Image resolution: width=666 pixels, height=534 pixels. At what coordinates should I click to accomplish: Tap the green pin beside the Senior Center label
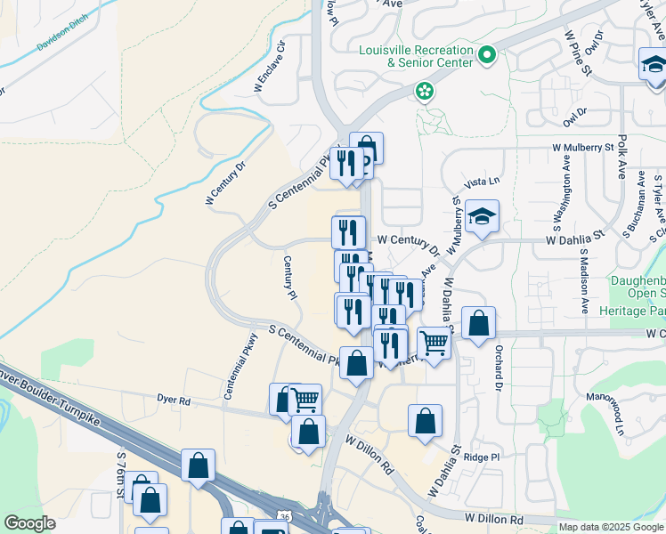click(487, 56)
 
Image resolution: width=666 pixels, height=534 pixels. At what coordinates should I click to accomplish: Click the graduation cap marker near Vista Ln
click(482, 217)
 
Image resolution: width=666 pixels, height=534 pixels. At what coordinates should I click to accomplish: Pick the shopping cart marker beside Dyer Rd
click(305, 400)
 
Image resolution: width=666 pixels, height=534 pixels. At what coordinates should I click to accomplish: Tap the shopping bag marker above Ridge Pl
click(426, 421)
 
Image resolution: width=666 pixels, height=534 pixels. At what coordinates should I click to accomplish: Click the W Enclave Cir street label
click(271, 66)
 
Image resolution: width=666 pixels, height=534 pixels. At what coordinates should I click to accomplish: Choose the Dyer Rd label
click(174, 401)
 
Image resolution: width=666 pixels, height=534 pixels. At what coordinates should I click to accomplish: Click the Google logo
click(29, 523)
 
